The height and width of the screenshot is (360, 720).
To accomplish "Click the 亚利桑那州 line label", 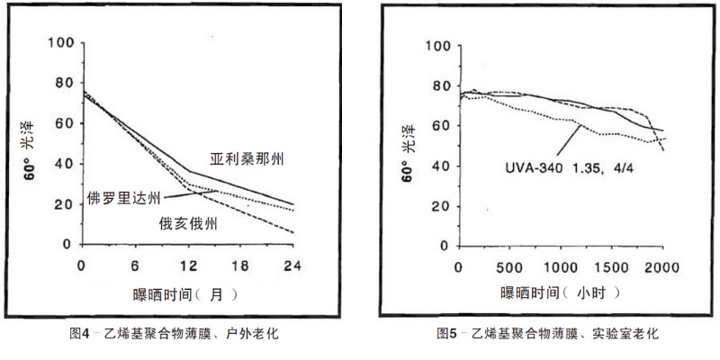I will (247, 159).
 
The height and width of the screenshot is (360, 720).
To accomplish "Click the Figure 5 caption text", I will (548, 334).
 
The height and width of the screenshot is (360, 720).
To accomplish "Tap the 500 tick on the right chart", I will (509, 267).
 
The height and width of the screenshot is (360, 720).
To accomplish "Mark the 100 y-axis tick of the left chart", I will (61, 43).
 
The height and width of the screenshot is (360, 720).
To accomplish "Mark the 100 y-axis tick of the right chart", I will (436, 46).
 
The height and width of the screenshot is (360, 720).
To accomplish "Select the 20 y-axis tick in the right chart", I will (440, 205).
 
